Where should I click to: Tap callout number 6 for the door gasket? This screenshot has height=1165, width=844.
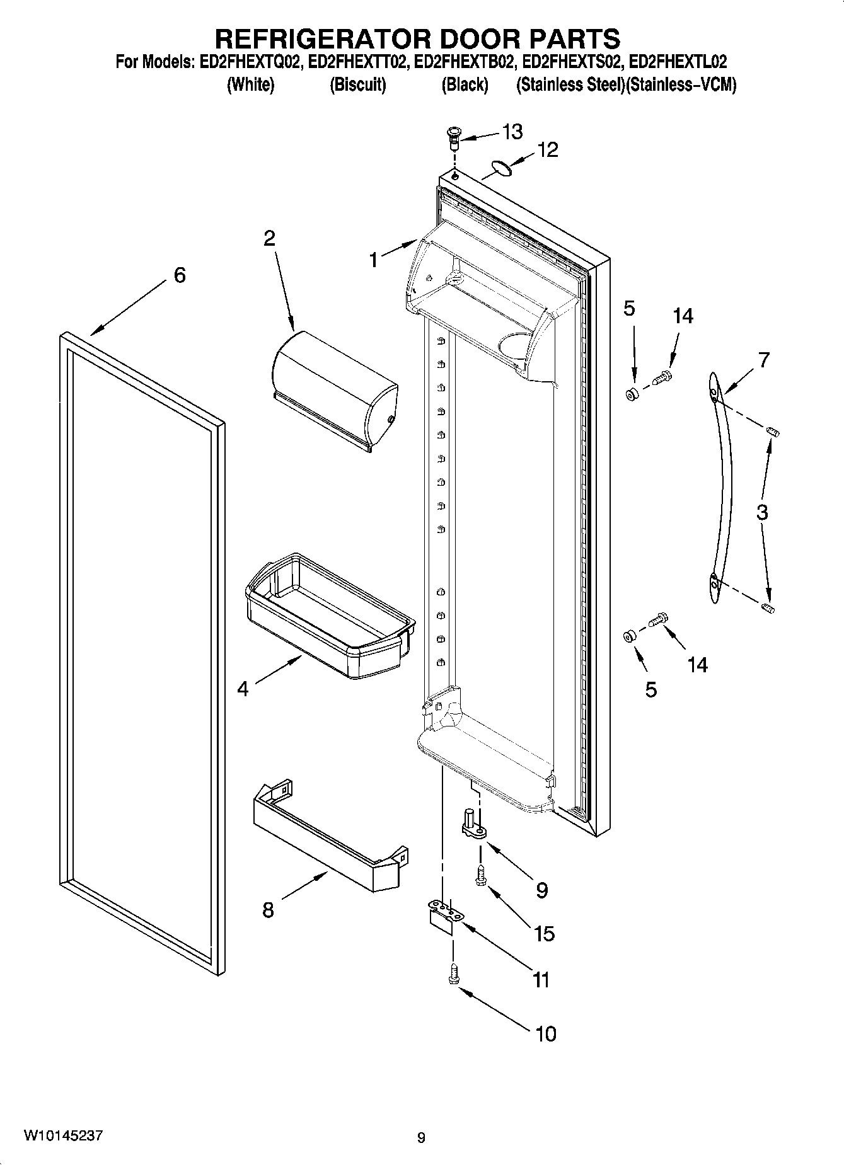(180, 275)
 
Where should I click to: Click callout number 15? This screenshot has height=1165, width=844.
(544, 933)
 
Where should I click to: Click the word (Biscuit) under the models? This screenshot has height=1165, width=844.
(357, 85)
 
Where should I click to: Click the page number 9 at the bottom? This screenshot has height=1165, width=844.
(421, 1137)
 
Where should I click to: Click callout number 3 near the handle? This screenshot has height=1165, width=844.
(762, 512)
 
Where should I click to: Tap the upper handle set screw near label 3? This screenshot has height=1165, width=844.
(773, 432)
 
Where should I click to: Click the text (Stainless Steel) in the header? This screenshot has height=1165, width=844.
(570, 85)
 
